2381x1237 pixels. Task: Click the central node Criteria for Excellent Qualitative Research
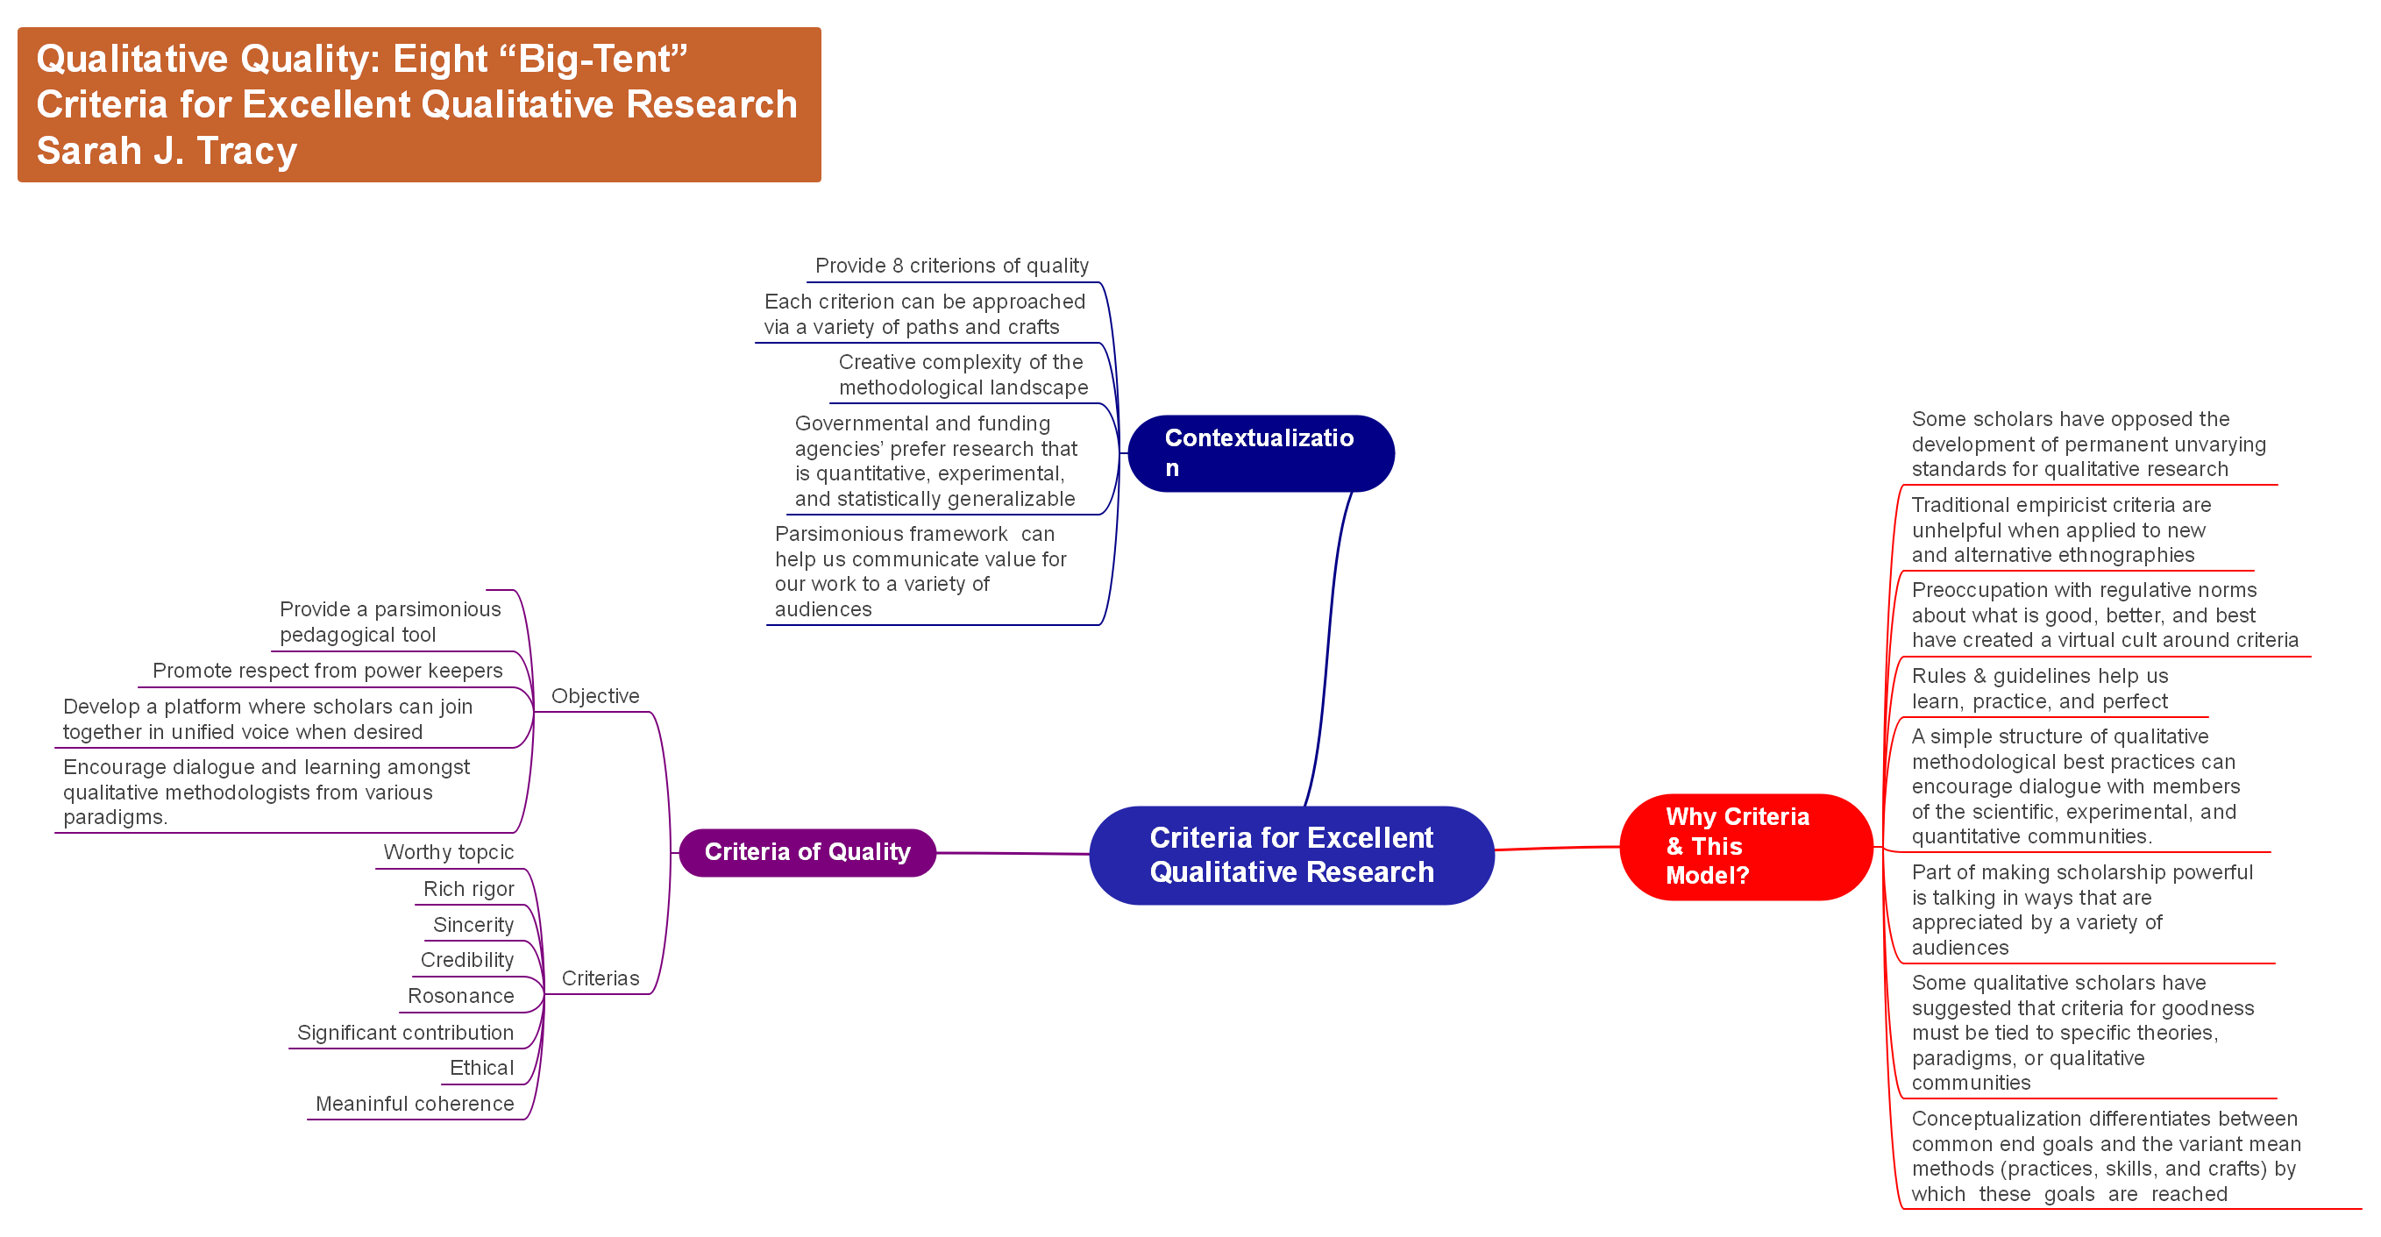(1290, 855)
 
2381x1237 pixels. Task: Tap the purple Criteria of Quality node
(807, 851)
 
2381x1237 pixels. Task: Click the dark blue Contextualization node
(1260, 453)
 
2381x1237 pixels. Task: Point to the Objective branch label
(594, 696)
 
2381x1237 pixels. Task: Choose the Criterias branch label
(600, 978)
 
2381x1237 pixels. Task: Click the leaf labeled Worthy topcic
(448, 852)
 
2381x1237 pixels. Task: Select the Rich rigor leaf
(469, 888)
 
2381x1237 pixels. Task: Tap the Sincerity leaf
(473, 925)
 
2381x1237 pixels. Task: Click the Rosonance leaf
(460, 996)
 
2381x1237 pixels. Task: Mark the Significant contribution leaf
(405, 1033)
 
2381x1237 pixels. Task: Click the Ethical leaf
(481, 1068)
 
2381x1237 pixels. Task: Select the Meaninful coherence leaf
(414, 1104)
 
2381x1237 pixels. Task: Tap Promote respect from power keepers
(327, 671)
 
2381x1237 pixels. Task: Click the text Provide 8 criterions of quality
(951, 267)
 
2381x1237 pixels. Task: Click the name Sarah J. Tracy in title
(167, 151)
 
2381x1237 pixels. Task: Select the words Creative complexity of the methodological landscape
(963, 374)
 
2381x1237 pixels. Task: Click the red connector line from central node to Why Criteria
(1557, 848)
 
